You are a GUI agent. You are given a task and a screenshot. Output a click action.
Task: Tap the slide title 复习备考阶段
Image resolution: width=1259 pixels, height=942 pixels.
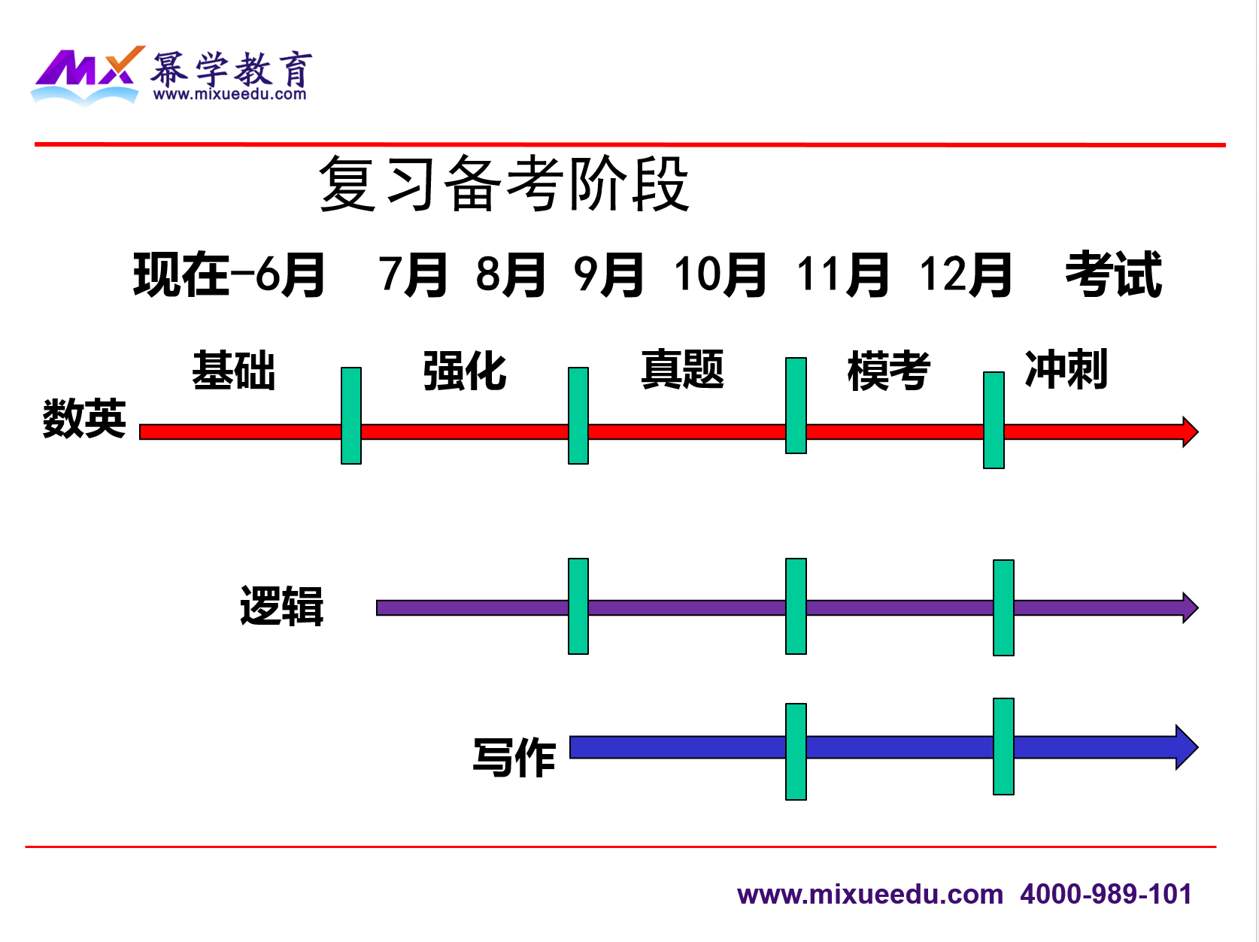(x=504, y=184)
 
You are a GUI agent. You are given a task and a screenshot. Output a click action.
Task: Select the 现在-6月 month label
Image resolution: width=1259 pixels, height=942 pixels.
(x=229, y=274)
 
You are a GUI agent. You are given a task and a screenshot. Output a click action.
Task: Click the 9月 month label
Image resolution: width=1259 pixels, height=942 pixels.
(x=608, y=274)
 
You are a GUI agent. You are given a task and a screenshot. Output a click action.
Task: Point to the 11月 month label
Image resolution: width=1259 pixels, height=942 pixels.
(x=842, y=274)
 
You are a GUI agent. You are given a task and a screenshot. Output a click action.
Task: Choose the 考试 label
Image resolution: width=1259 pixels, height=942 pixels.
(x=1113, y=274)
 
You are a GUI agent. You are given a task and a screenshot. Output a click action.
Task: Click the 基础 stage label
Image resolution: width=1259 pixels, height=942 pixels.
(x=233, y=371)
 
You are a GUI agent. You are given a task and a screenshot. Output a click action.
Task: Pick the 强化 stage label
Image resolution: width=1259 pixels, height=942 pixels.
(x=465, y=371)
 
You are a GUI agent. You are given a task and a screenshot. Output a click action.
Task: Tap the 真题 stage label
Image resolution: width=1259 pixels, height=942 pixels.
(x=683, y=368)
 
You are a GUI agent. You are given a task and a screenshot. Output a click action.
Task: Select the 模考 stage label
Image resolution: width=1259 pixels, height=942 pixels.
(x=889, y=371)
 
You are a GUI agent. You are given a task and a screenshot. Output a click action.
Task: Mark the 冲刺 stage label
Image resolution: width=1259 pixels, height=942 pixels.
(x=1066, y=369)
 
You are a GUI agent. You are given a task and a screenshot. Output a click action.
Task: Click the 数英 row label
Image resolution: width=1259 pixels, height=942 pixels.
(x=84, y=419)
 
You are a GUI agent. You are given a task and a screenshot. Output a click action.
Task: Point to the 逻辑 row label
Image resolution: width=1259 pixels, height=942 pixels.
(x=281, y=606)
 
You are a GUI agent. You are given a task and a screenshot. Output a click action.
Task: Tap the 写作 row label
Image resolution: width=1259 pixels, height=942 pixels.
(x=514, y=758)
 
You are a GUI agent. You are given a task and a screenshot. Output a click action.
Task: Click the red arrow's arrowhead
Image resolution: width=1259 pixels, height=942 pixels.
(x=1191, y=432)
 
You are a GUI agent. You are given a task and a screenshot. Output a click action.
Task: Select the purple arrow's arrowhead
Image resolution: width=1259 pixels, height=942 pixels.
(x=1191, y=607)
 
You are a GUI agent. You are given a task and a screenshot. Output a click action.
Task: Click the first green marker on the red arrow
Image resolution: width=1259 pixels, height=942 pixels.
(x=351, y=416)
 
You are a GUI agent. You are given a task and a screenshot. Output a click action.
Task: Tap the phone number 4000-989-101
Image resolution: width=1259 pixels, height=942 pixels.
(x=1106, y=894)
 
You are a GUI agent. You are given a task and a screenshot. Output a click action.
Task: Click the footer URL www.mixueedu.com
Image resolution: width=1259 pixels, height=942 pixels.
(x=870, y=895)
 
